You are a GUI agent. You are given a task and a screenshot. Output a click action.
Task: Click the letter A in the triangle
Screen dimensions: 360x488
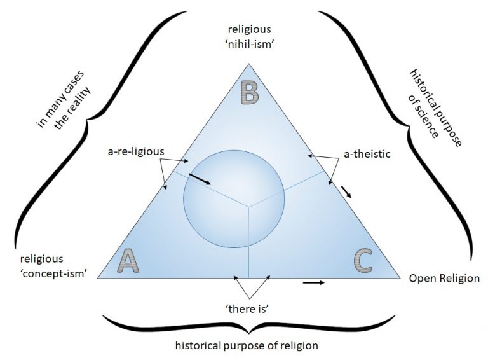[x=129, y=261]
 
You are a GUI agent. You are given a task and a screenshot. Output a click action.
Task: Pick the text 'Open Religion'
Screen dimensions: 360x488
[x=444, y=279]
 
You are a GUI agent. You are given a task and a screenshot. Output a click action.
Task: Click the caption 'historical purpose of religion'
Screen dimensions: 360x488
[x=247, y=345]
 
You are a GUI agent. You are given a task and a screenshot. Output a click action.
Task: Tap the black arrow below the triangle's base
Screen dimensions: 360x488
[x=313, y=282]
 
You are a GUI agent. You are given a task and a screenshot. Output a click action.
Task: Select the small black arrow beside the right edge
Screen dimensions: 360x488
[x=345, y=191]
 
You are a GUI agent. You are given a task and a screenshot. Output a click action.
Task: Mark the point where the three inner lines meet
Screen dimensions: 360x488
[x=248, y=205]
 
